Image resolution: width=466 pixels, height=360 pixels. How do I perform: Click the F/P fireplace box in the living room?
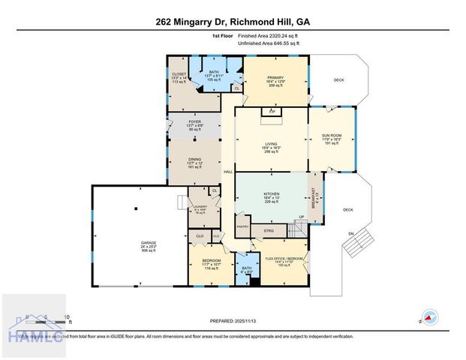272,111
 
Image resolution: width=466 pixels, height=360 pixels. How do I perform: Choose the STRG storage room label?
268,231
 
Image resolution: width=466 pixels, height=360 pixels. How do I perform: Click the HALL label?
228,172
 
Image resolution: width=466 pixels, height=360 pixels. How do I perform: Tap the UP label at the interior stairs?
302,217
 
